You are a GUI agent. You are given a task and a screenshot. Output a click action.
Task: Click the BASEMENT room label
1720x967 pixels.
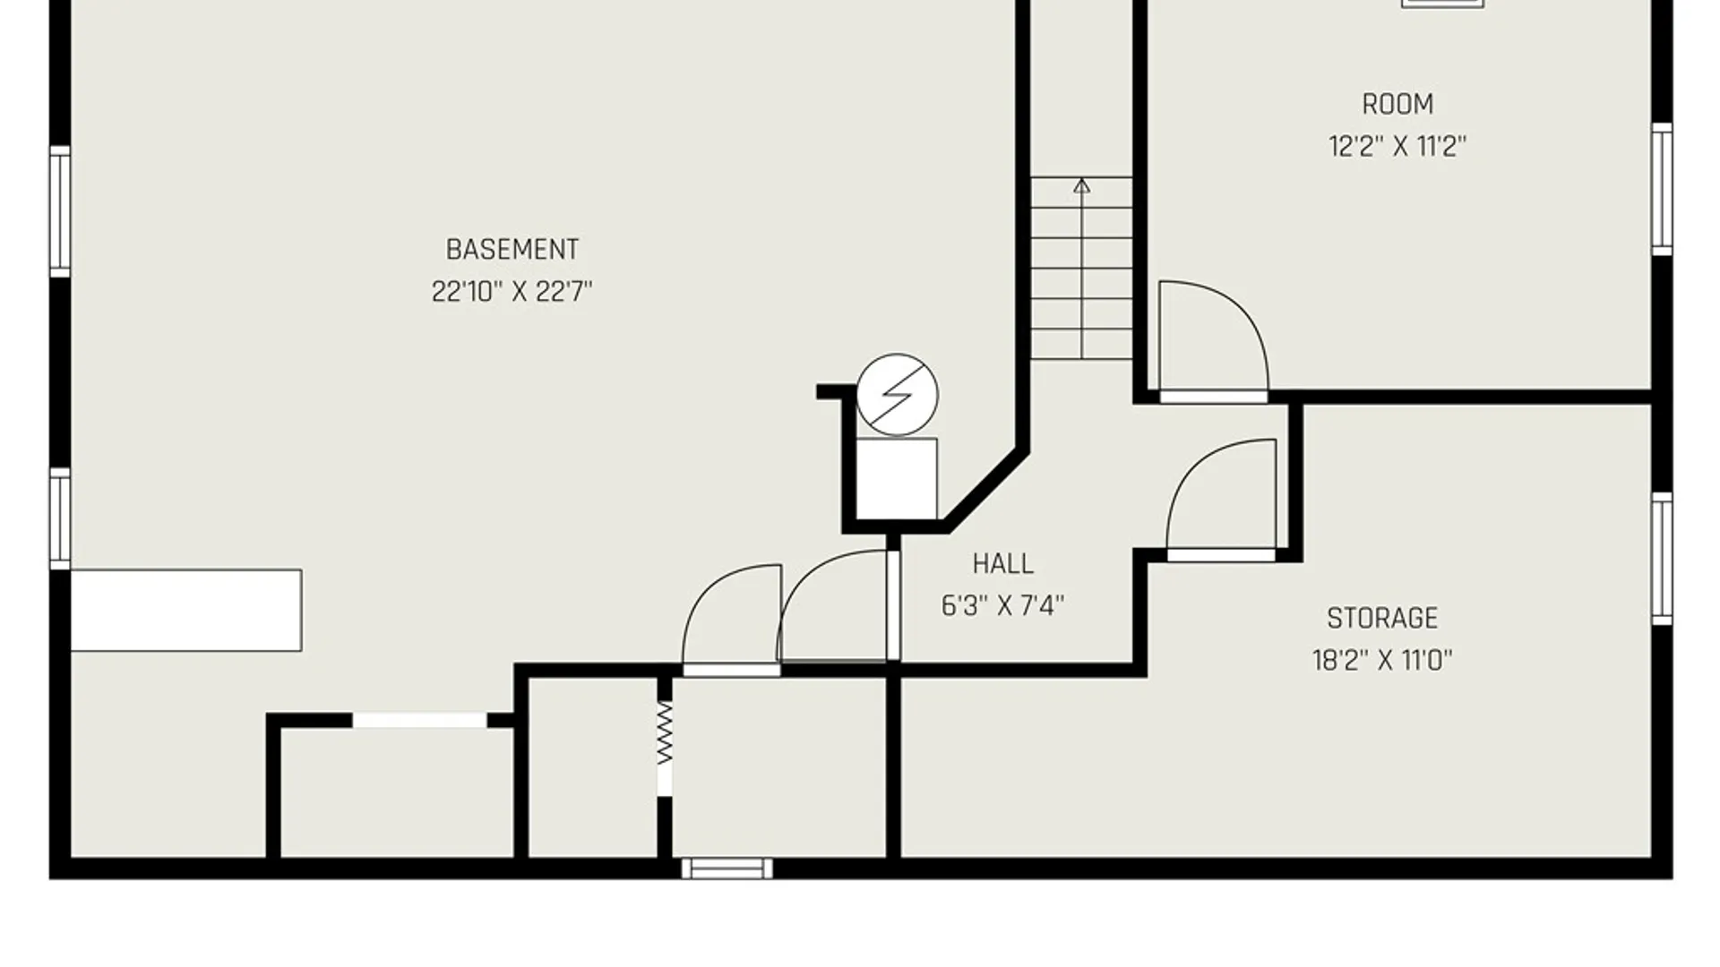[x=512, y=249]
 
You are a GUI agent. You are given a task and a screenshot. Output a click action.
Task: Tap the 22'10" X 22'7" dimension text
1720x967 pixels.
[x=512, y=291]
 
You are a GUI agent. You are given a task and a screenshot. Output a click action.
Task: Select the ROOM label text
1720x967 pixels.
[x=1397, y=104]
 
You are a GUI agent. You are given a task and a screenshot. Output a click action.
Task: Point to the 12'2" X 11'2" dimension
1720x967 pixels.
[x=1397, y=146]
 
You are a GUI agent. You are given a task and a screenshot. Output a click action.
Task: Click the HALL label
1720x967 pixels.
[x=1002, y=563]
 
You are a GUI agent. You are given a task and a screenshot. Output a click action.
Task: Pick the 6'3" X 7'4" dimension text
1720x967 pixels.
[x=1002, y=605]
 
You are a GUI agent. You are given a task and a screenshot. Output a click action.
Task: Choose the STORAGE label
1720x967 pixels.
[x=1382, y=618]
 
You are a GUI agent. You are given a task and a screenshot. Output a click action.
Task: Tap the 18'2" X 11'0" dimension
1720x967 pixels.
[x=1382, y=660]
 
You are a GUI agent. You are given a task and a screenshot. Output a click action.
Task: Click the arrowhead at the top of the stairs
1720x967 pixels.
[x=1082, y=185]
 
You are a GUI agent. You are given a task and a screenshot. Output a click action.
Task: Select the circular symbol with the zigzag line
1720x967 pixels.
[x=897, y=394]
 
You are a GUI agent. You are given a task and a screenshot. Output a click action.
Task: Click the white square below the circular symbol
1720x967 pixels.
[x=897, y=478]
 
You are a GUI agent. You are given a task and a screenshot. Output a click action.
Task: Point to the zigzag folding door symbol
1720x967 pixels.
[x=664, y=732]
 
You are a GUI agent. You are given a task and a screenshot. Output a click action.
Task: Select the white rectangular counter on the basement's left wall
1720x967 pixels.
[x=186, y=610]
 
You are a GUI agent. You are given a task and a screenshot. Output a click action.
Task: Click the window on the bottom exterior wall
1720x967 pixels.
[x=727, y=868]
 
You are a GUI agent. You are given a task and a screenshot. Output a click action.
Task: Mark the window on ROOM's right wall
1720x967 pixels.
[x=1662, y=189]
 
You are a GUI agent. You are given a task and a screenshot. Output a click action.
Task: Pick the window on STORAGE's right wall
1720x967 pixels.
[x=1662, y=558]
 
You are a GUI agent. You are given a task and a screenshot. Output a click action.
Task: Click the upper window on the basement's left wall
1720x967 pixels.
[x=60, y=211]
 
